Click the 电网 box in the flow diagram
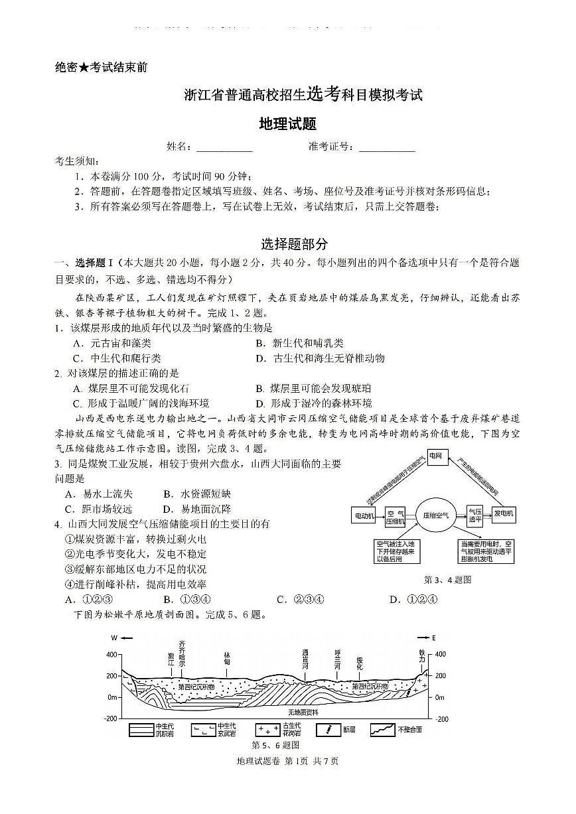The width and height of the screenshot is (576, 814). (x=435, y=456)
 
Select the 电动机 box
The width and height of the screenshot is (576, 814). (x=364, y=515)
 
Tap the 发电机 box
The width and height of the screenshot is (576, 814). (x=504, y=514)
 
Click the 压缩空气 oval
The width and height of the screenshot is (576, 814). (x=436, y=515)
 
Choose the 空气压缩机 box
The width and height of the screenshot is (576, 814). (x=396, y=515)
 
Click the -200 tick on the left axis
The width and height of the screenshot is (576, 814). (x=111, y=719)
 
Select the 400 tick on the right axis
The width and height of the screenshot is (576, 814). (x=441, y=655)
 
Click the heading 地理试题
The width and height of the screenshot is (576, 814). (x=287, y=124)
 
